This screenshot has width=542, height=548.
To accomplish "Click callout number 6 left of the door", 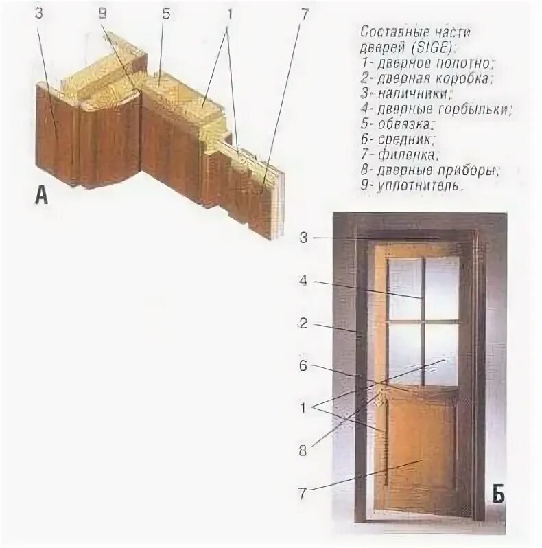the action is pyautogui.click(x=303, y=366).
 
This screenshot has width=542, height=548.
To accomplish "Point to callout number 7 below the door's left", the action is pyautogui.click(x=303, y=492).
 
